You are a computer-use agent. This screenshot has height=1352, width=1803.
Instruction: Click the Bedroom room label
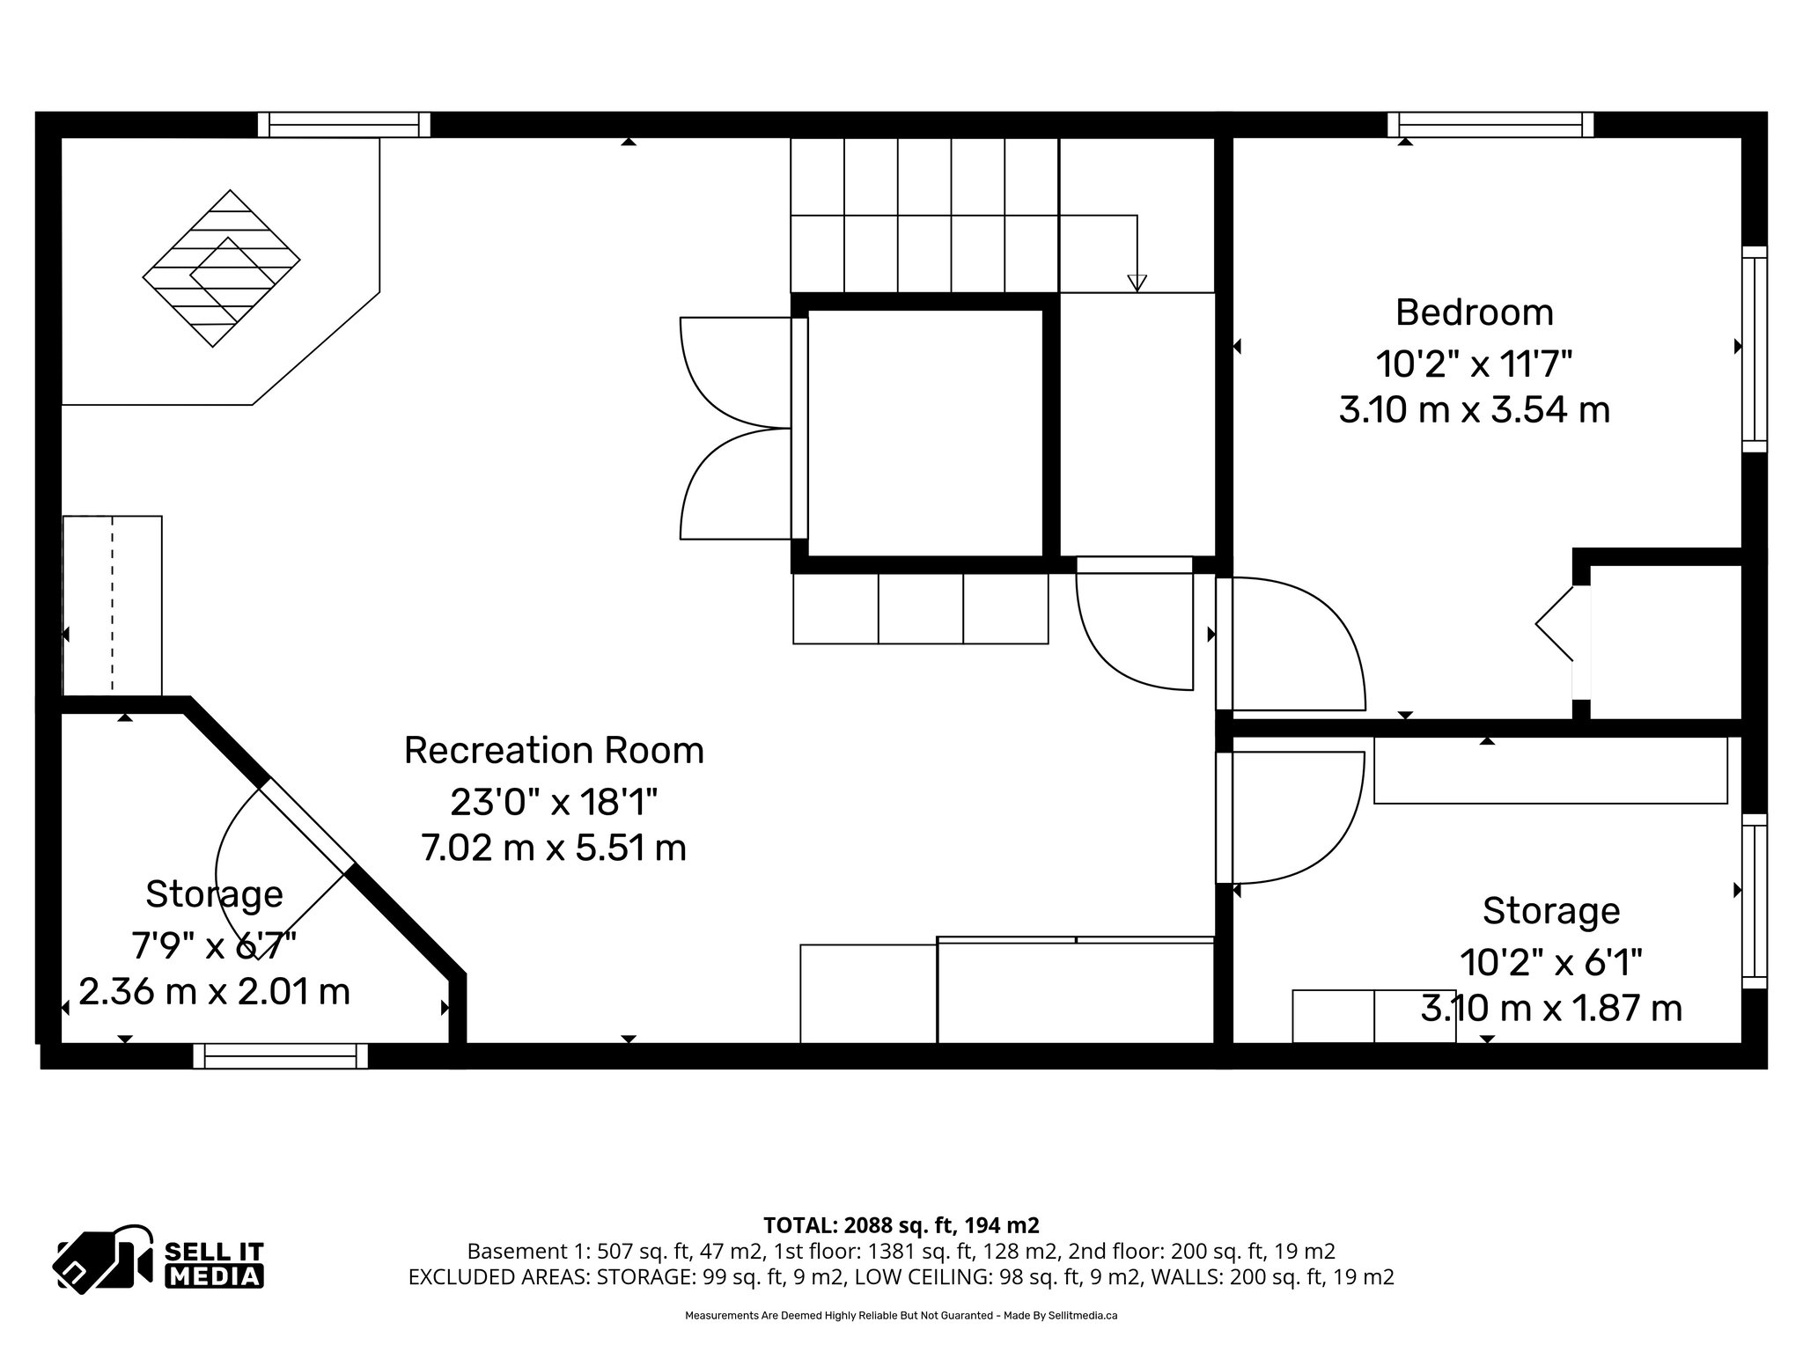click(x=1474, y=312)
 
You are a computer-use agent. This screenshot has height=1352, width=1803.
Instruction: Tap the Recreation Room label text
click(x=554, y=750)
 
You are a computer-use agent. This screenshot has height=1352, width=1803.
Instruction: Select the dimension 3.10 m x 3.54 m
click(x=1474, y=410)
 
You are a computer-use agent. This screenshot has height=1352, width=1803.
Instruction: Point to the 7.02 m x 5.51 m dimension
click(x=554, y=848)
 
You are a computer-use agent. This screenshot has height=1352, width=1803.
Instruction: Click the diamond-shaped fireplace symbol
click(x=221, y=268)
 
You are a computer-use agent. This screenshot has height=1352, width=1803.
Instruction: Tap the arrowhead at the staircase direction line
click(x=1137, y=283)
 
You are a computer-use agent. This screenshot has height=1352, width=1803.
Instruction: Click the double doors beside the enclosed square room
click(x=735, y=429)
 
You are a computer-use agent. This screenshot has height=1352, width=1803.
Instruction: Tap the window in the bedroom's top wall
click(x=1490, y=125)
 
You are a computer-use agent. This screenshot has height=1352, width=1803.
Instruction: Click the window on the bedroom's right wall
click(x=1755, y=349)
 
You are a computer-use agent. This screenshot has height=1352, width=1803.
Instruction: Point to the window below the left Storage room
click(x=280, y=1055)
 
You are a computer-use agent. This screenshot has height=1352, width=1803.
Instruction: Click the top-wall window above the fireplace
click(x=343, y=125)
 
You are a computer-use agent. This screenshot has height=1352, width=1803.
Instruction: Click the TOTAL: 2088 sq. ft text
click(x=901, y=1224)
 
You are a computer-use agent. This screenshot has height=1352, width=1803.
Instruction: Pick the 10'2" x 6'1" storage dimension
click(x=1550, y=962)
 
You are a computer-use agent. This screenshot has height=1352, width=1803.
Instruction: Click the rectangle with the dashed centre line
click(x=113, y=605)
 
